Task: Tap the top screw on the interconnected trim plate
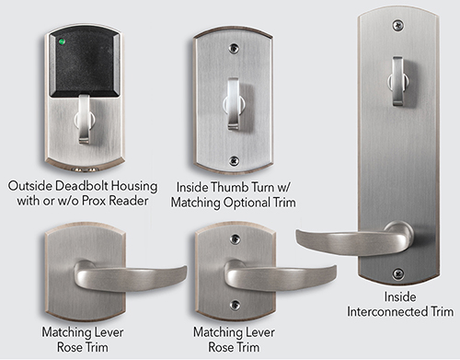(x=397, y=25)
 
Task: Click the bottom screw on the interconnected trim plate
(x=397, y=273)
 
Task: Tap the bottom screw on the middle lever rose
(x=235, y=305)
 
